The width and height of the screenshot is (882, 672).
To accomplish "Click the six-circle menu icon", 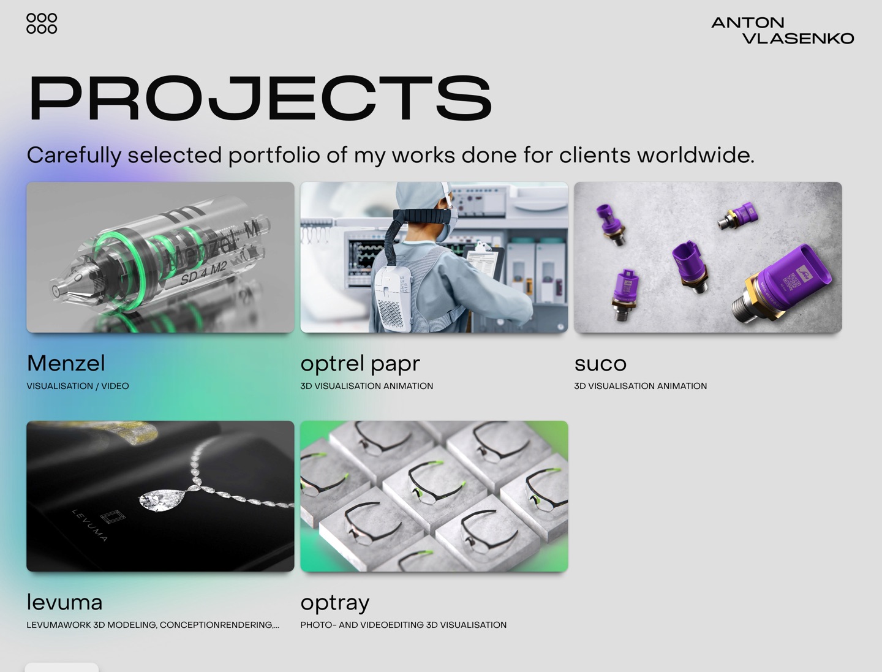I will click(x=42, y=23).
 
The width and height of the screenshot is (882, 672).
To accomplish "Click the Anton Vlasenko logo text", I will click(x=782, y=31).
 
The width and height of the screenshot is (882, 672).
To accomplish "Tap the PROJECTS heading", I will click(x=260, y=98).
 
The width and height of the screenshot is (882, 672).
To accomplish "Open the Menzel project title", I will click(x=66, y=363).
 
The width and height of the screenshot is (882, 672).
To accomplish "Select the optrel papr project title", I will click(x=360, y=363).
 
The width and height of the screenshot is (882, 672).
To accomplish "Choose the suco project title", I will click(x=600, y=363).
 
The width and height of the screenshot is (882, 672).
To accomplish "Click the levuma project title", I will click(x=64, y=602).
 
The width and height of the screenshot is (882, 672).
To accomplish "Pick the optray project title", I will click(x=335, y=603).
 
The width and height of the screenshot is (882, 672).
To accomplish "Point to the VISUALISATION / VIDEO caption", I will click(x=78, y=386).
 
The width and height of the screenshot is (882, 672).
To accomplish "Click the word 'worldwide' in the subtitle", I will click(x=695, y=155).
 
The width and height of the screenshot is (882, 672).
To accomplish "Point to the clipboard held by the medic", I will click(x=484, y=261).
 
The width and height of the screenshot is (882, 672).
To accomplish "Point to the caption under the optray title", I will click(x=403, y=625).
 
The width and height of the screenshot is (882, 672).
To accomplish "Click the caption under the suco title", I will click(x=640, y=386).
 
